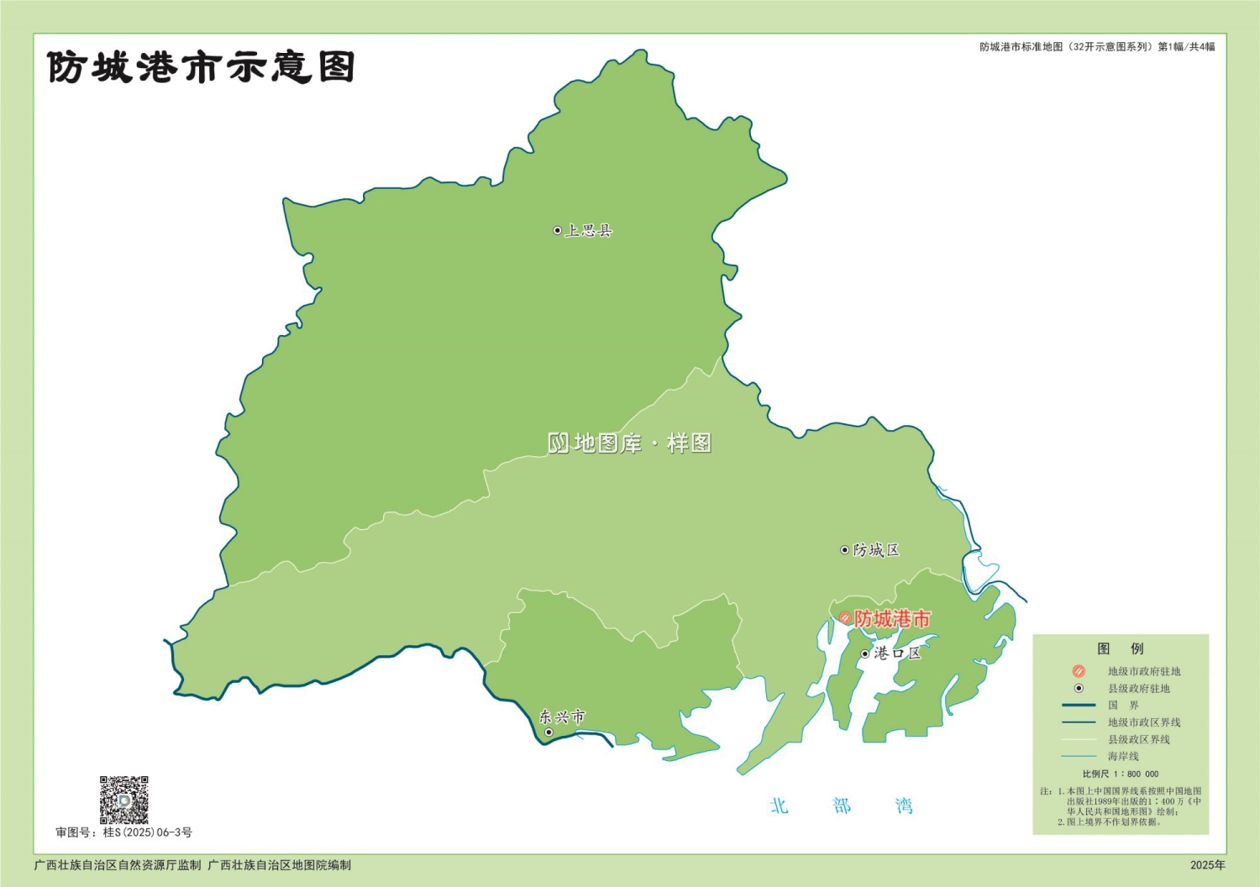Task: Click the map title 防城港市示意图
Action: point(201,66)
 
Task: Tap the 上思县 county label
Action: point(589,230)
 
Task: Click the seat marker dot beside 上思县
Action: point(557,230)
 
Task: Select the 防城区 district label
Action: point(876,550)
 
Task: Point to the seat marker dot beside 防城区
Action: point(845,550)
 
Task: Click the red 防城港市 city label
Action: point(892,619)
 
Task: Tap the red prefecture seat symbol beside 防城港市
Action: point(845,619)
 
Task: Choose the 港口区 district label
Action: point(897,653)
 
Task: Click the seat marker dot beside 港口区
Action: point(865,653)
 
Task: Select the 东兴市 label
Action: point(562,716)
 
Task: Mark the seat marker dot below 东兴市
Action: point(549,732)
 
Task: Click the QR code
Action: point(124,800)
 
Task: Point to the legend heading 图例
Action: point(1121,648)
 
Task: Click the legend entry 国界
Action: point(1123,706)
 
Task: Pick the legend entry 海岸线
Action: point(1123,757)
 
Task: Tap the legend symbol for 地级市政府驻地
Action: point(1079,671)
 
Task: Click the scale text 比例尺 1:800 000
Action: point(1121,774)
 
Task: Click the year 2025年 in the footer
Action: point(1207,864)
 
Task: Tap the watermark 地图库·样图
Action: point(630,443)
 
